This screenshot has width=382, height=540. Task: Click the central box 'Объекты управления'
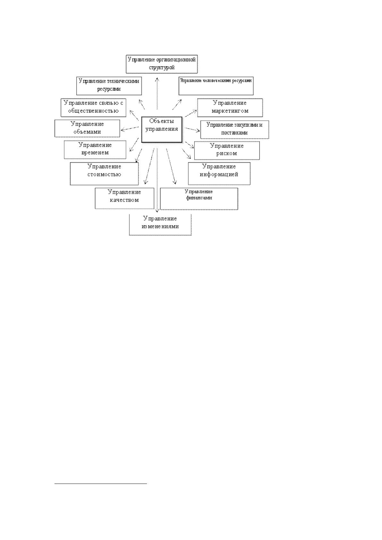point(162,130)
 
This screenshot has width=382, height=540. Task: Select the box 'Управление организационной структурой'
point(162,64)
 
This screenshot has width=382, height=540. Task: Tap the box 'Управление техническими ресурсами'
point(109,86)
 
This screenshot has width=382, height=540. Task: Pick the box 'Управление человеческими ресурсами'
point(216,86)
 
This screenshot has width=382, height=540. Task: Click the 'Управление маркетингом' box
point(230,107)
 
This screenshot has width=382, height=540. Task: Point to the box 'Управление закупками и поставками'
point(234,130)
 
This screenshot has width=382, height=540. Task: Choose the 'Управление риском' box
point(227,150)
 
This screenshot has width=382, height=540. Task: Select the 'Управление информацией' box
point(219,173)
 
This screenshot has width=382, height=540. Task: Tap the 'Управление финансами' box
point(199,198)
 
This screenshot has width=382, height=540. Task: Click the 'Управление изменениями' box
point(160,224)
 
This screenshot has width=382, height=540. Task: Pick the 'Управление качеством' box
point(124,198)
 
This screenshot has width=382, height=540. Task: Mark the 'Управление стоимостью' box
point(104,173)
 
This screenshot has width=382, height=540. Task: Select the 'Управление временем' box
point(95,149)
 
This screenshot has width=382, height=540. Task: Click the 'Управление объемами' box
point(87,128)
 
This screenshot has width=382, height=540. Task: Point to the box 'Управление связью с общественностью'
point(93,107)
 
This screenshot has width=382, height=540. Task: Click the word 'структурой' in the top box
point(162,67)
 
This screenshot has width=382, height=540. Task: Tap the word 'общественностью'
point(93,111)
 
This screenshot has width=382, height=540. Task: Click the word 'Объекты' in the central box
point(162,121)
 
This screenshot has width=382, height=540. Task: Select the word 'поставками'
point(234,133)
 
